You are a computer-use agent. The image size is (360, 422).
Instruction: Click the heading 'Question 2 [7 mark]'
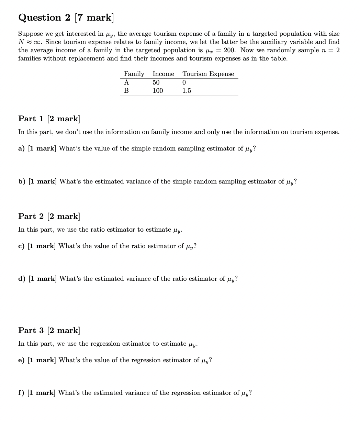(66, 18)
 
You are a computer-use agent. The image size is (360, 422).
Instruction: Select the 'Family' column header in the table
(134, 74)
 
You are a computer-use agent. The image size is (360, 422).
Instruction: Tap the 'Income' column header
(163, 74)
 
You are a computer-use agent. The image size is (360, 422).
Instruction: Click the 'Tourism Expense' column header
(208, 74)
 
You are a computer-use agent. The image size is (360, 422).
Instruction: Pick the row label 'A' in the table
(126, 82)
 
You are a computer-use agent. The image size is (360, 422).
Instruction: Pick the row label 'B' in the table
(126, 91)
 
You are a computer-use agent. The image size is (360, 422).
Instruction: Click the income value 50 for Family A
(156, 82)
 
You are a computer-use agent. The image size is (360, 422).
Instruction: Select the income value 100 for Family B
(158, 91)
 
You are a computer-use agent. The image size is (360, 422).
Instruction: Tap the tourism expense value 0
(184, 82)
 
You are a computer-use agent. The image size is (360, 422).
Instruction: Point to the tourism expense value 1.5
(187, 91)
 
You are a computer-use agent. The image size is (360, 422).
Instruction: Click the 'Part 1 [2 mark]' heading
(49, 119)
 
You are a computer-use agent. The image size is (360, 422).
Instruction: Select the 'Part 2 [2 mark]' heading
(49, 216)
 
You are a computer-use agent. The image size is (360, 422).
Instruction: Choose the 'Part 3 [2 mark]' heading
(49, 331)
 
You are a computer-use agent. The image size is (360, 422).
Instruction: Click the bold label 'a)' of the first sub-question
(22, 149)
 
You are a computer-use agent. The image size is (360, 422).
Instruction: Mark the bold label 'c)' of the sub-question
(21, 246)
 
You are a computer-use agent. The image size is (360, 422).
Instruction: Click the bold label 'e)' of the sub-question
(21, 360)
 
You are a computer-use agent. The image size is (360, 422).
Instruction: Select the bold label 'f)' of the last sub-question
(21, 393)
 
